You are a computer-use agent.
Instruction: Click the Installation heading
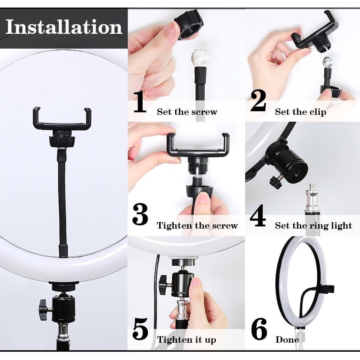64,27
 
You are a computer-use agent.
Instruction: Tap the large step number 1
140,102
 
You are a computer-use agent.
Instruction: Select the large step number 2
258,101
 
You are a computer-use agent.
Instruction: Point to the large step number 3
140,215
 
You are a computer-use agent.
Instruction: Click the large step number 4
258,215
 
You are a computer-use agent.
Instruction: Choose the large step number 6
259,329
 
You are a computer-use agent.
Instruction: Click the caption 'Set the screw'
187,112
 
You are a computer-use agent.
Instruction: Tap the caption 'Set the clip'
301,112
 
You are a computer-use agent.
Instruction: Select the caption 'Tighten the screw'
197,225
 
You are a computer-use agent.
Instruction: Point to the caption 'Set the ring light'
314,225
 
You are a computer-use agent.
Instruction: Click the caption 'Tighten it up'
186,339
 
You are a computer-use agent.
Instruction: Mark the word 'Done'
287,339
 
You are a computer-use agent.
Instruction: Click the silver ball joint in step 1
199,57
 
